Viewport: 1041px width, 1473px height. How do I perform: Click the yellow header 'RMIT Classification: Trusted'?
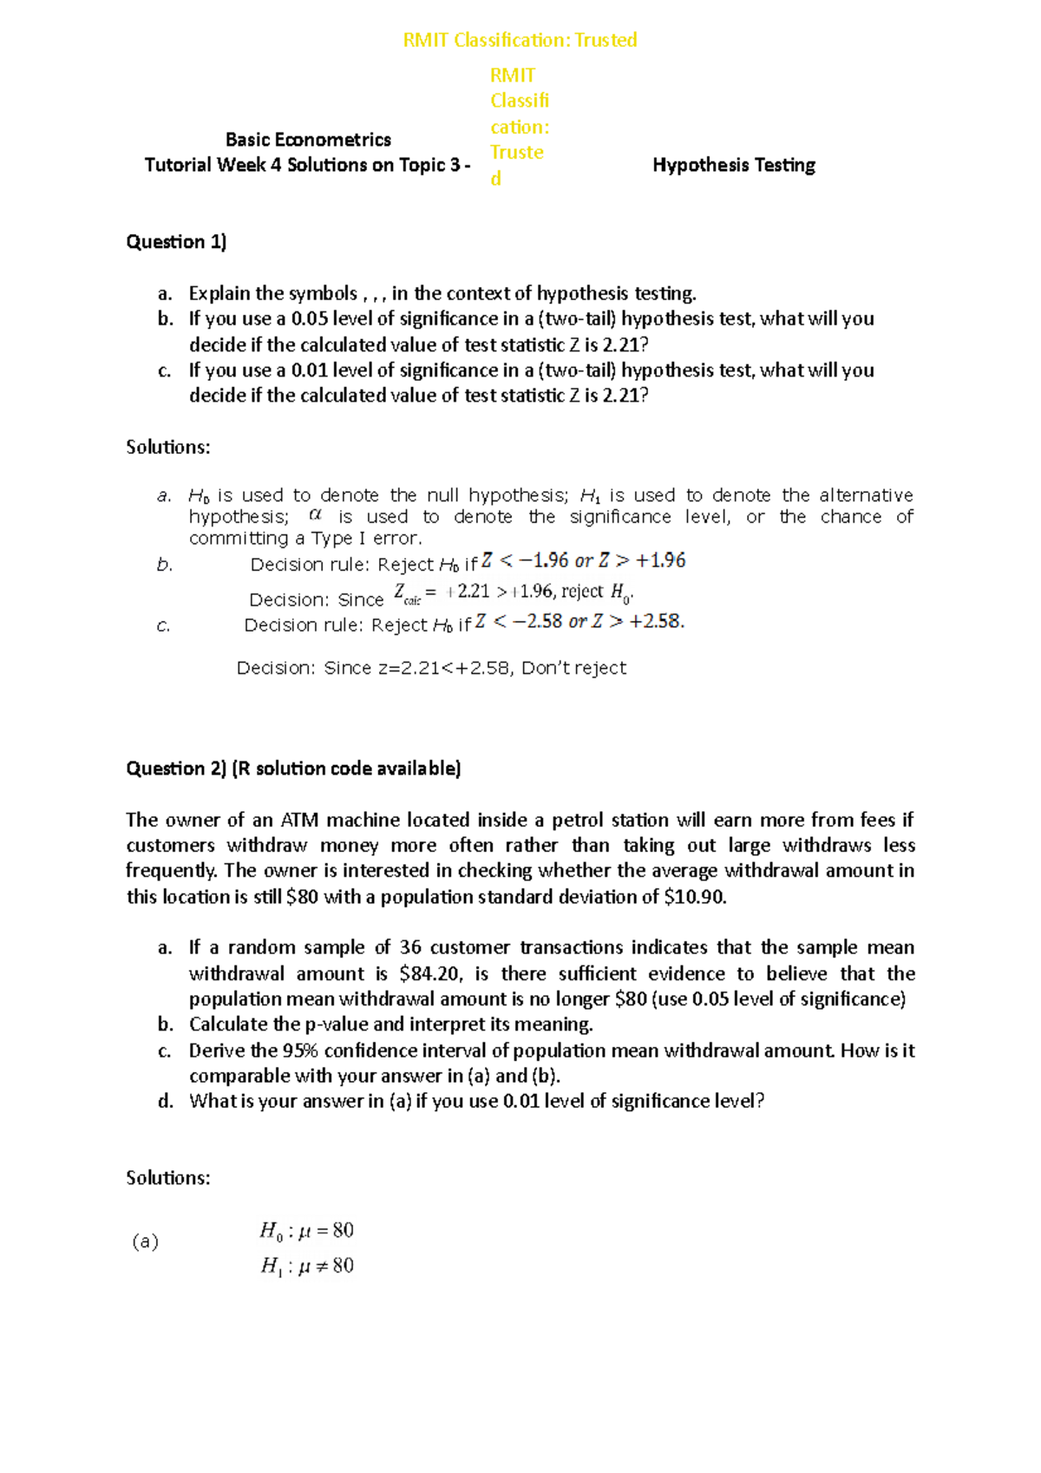coord(520,40)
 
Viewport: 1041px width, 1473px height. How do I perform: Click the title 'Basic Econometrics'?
coord(308,140)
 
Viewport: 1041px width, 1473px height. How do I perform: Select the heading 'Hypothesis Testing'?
coord(734,165)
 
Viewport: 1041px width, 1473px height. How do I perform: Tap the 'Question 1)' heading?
coord(176,242)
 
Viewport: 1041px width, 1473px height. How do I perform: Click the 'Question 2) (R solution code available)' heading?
coord(293,769)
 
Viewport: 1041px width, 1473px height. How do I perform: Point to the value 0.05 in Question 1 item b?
coord(310,319)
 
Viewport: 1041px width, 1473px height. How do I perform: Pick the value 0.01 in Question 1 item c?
coord(310,370)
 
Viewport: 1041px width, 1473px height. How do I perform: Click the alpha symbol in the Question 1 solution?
coord(315,515)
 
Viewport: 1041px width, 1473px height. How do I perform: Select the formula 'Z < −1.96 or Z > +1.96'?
coord(584,561)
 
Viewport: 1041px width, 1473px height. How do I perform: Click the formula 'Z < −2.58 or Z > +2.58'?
coord(579,622)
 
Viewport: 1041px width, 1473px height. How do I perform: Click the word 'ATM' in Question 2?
coord(299,821)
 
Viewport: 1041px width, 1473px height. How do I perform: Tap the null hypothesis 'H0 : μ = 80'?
coord(306,1231)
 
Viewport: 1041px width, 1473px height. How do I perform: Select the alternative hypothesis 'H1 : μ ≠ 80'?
coord(306,1267)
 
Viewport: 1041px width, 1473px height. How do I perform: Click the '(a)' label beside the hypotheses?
coord(145,1242)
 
